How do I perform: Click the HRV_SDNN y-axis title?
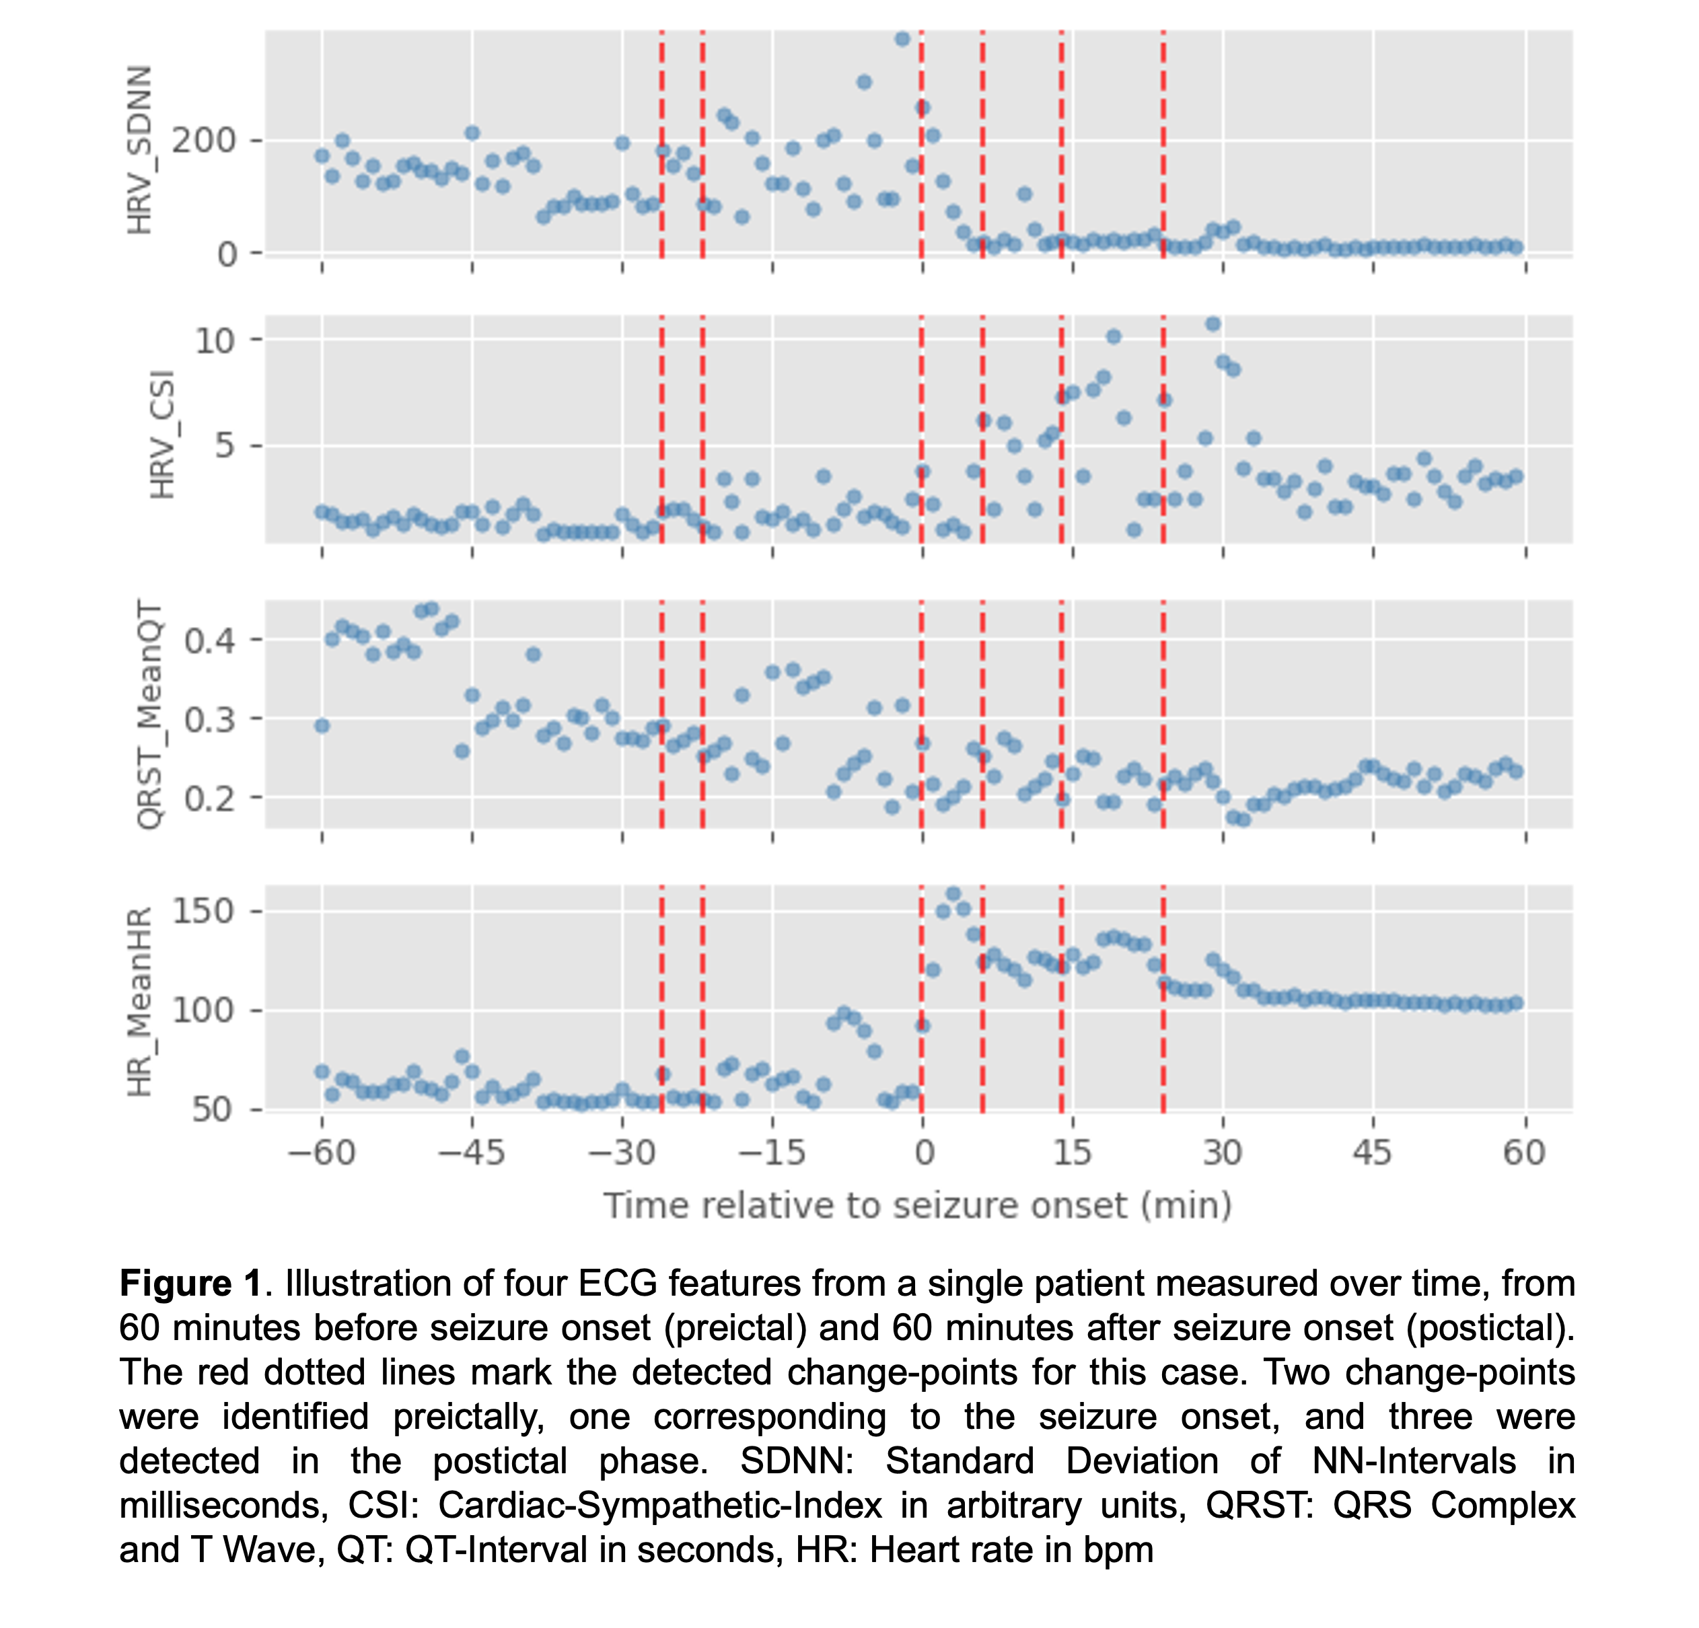[139, 150]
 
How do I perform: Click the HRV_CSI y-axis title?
[162, 435]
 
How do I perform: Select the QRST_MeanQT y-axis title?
[150, 714]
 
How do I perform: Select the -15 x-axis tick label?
[772, 1153]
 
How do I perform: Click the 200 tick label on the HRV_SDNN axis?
[204, 141]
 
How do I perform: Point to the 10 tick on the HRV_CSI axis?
[214, 340]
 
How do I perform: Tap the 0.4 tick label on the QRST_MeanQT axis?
[210, 640]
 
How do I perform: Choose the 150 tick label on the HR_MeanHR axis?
[204, 911]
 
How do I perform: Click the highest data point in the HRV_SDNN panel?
[902, 39]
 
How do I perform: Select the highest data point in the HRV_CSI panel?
[1213, 324]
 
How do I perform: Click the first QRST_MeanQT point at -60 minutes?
[322, 726]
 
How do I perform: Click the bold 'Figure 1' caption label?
[190, 1283]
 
